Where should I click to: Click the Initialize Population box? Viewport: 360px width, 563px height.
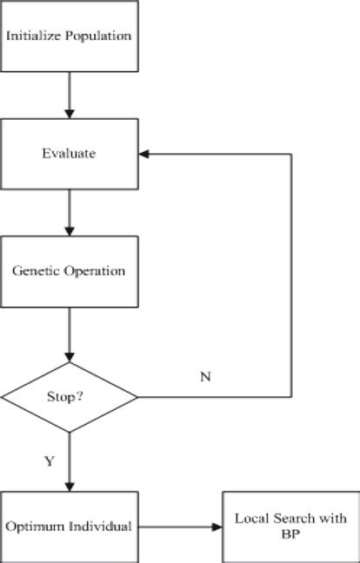(69, 36)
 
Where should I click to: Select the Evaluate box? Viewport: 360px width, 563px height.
(69, 154)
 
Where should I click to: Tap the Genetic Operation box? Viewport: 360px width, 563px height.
(69, 270)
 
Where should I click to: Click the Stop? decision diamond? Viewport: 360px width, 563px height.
(69, 399)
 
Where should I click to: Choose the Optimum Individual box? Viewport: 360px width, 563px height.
(69, 526)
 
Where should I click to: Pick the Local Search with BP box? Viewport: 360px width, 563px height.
(290, 526)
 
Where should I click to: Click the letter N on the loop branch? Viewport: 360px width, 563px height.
(205, 377)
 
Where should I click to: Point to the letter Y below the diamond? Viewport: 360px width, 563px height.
(50, 461)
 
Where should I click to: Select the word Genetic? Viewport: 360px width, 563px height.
(33, 270)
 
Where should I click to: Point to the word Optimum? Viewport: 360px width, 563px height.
(31, 527)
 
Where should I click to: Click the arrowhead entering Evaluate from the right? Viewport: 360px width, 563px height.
(144, 154)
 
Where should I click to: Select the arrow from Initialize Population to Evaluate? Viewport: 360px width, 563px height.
(69, 95)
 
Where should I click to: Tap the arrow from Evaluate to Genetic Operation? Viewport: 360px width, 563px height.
(69, 212)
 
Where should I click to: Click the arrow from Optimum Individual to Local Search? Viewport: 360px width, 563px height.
(180, 526)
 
